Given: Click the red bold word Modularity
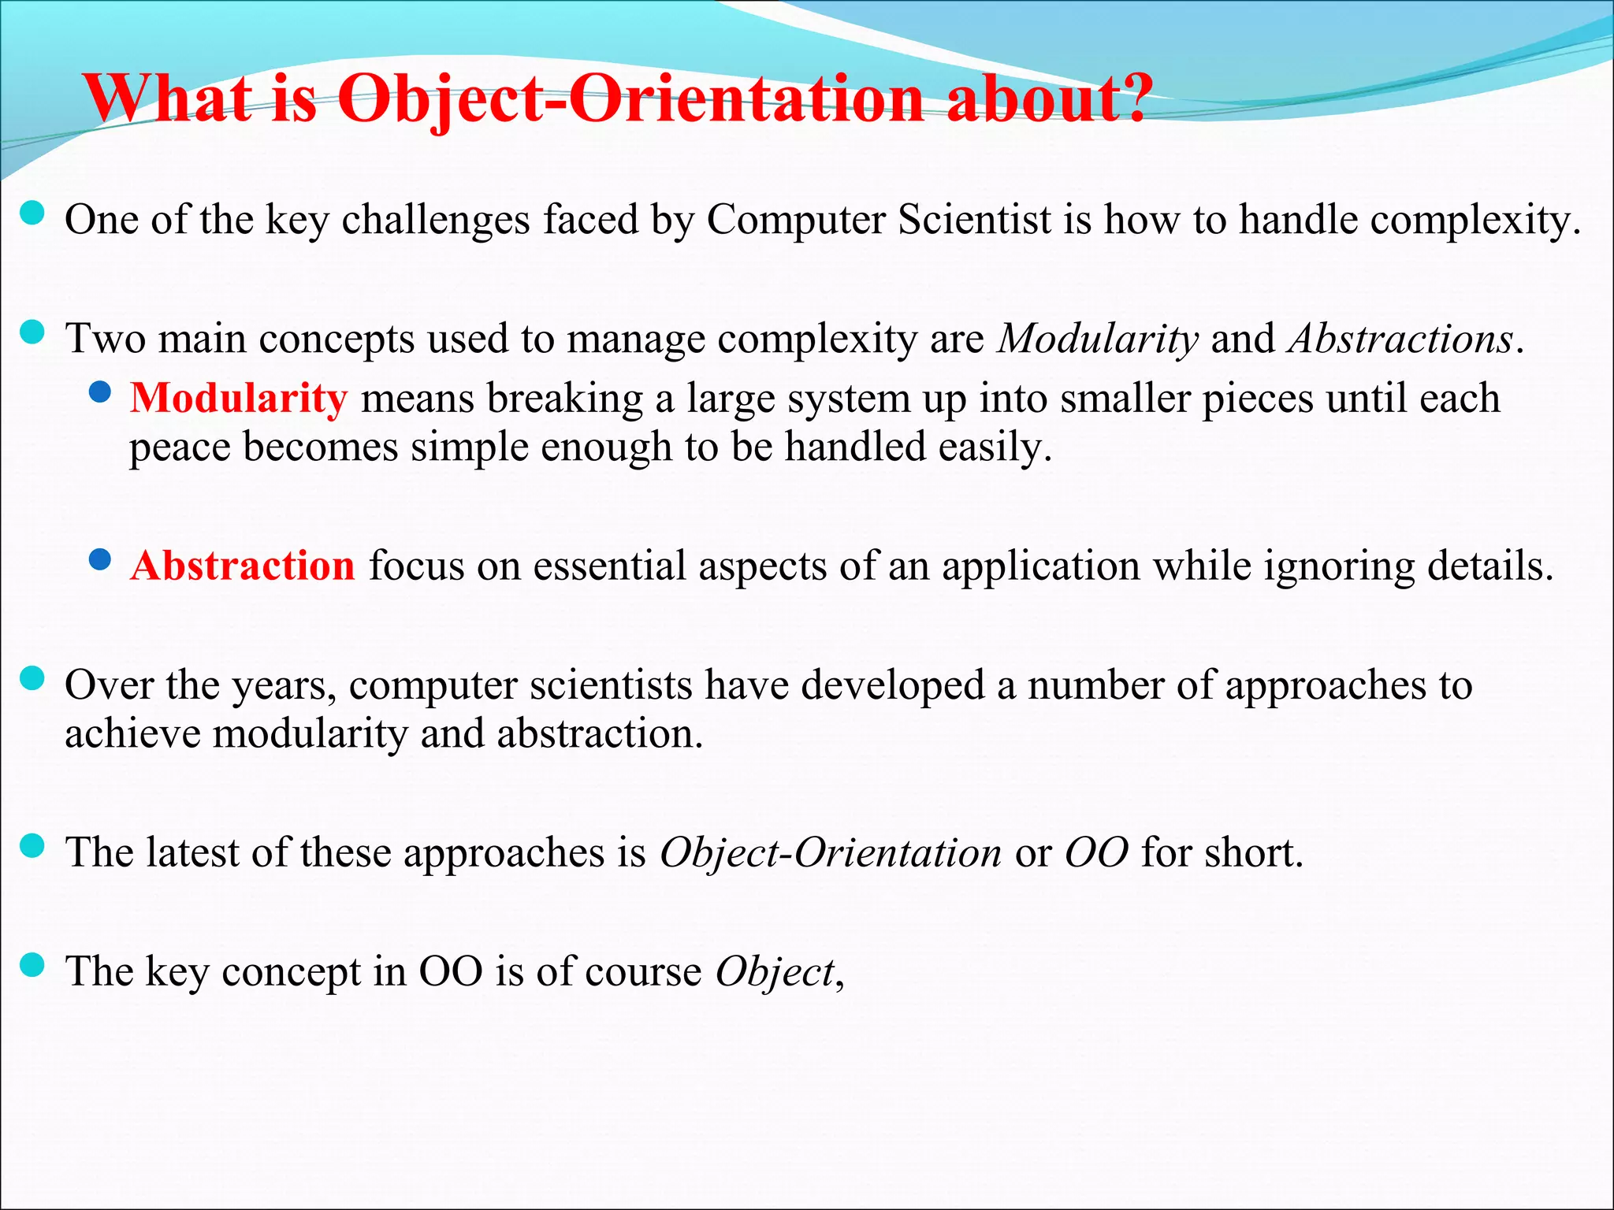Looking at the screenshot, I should tap(238, 399).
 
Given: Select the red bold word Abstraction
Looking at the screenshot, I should tap(243, 566).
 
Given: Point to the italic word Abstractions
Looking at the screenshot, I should tap(1400, 340).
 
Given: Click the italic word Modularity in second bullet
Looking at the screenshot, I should tap(1098, 340).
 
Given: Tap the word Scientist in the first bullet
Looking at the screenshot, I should tap(975, 220).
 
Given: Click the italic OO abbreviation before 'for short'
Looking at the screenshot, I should tap(1096, 853).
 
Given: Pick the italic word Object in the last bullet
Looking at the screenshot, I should tap(775, 972).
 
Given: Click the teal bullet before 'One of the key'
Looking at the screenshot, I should tap(32, 213).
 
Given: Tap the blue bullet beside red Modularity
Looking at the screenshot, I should tap(100, 392).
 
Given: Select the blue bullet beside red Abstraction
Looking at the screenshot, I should tap(100, 559).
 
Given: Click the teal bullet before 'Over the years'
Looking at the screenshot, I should tap(32, 678).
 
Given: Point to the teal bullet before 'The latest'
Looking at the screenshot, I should tap(32, 846).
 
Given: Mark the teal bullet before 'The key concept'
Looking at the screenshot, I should tap(32, 964).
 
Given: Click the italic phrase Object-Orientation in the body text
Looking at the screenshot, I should tap(831, 853).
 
